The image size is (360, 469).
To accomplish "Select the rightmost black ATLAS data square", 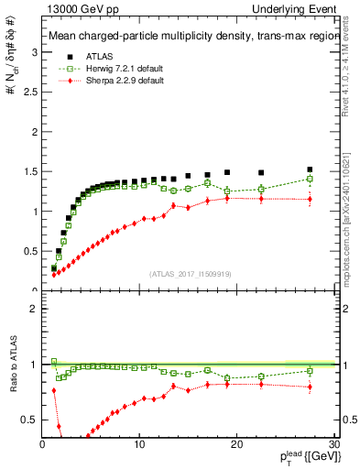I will [310, 169].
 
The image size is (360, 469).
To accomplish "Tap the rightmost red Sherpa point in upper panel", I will [310, 199].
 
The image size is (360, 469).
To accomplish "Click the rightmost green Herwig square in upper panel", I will [310, 179].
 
